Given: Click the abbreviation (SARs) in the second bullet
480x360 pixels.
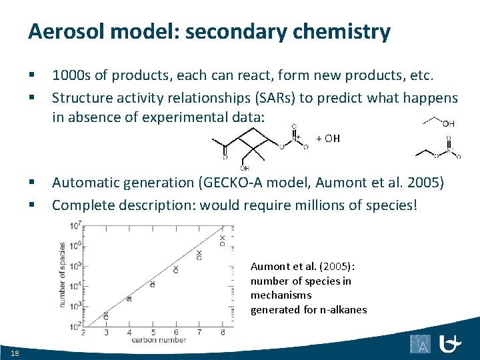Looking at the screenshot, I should (273, 99).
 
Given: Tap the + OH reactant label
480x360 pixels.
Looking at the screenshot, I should (328, 139).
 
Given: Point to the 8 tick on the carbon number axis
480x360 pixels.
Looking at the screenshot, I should (222, 333).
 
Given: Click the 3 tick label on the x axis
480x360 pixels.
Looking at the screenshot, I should (106, 333).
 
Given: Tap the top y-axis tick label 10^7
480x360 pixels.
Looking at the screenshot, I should (75, 225).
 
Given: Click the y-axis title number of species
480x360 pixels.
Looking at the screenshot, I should (63, 275).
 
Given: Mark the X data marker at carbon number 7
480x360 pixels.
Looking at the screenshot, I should (199, 253).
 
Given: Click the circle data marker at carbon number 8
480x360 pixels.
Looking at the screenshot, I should (223, 244).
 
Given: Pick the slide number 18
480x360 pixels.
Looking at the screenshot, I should (15, 352).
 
